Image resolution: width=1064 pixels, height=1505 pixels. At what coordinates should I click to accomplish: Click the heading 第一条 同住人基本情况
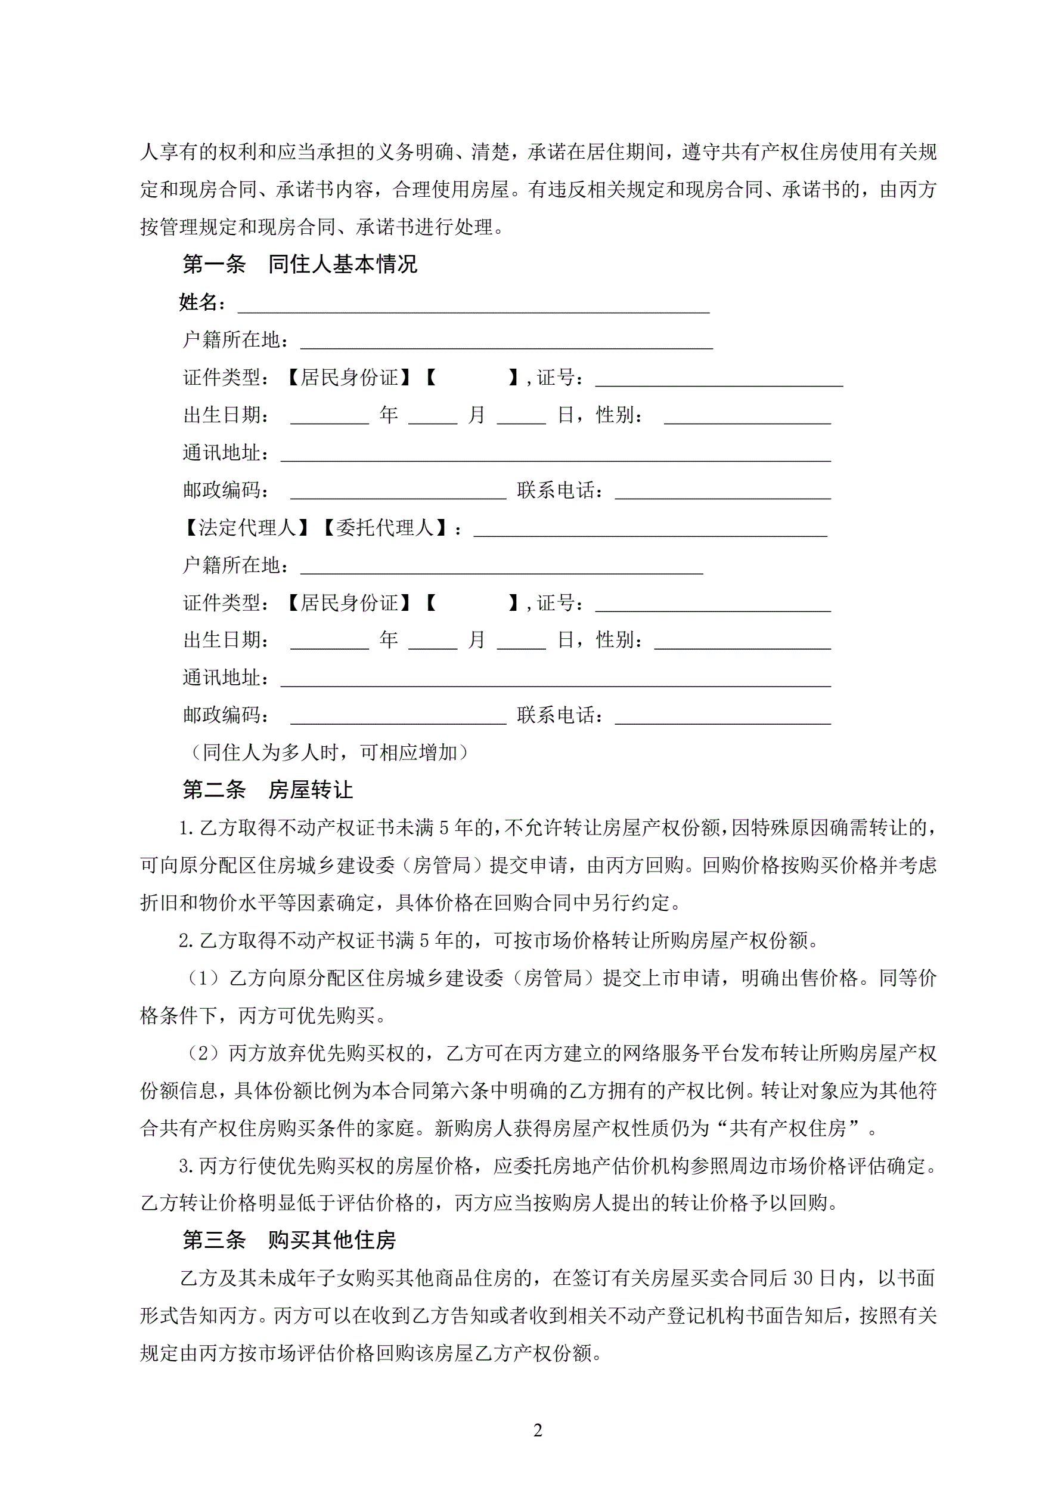pos(299,265)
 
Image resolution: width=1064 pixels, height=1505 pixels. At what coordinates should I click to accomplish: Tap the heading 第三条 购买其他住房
pos(289,1240)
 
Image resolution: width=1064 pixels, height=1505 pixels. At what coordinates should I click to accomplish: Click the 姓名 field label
pos(198,302)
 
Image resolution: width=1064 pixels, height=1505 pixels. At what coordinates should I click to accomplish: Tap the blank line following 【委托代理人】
pos(649,532)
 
